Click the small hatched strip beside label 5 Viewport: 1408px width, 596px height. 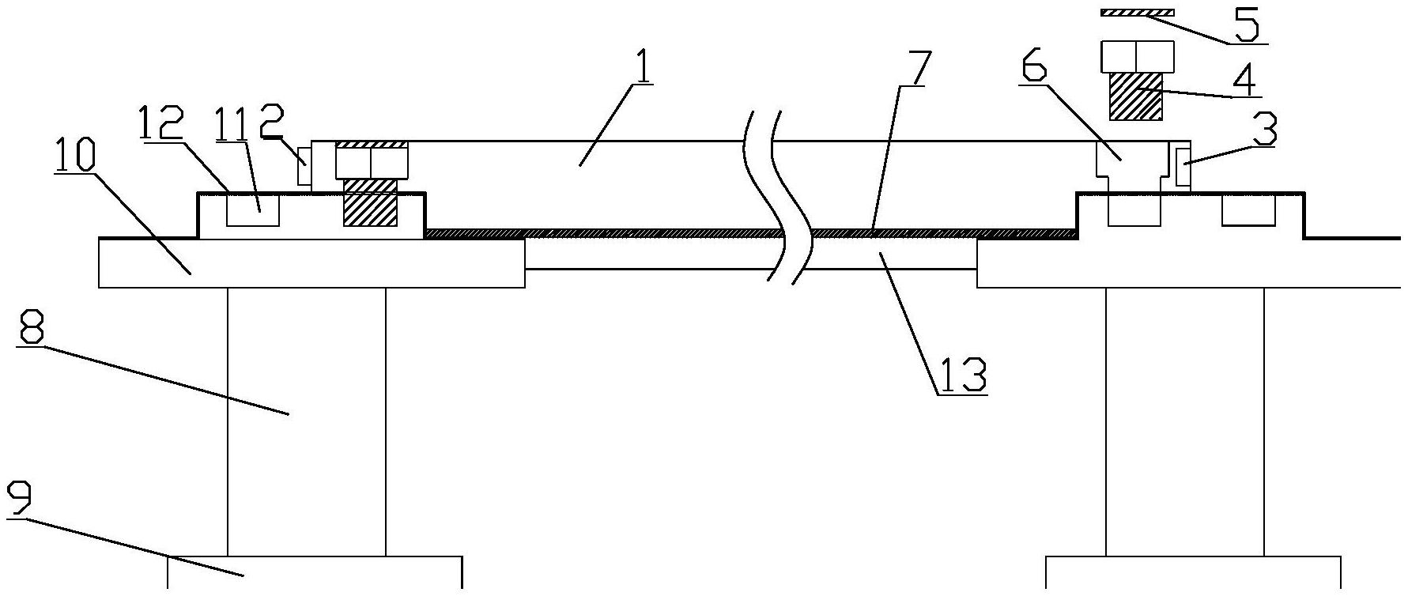tap(1137, 12)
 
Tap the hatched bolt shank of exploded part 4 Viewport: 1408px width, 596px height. tap(1137, 96)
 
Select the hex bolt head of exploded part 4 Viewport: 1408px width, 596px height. tap(1137, 56)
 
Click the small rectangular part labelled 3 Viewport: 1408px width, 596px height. tap(1183, 168)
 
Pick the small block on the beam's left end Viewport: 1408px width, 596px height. tap(304, 167)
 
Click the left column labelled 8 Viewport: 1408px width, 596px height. tap(306, 419)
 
